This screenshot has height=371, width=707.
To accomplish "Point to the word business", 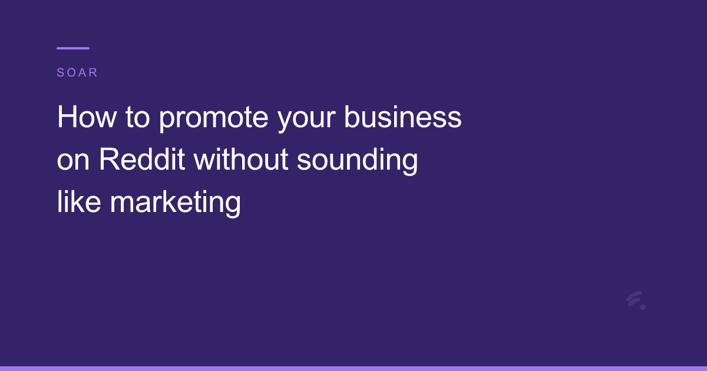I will (403, 118).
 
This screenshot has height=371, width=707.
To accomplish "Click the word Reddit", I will (141, 160).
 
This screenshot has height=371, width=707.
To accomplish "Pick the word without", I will (242, 160).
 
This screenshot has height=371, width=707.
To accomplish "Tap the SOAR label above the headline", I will (77, 73).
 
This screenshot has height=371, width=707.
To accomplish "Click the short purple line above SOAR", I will (73, 48).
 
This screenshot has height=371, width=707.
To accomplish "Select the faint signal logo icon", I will (635, 300).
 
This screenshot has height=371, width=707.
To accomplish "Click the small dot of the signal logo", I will (643, 307).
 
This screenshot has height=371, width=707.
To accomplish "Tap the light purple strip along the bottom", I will (353, 368).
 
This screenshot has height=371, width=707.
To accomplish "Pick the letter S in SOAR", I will (60, 73).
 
